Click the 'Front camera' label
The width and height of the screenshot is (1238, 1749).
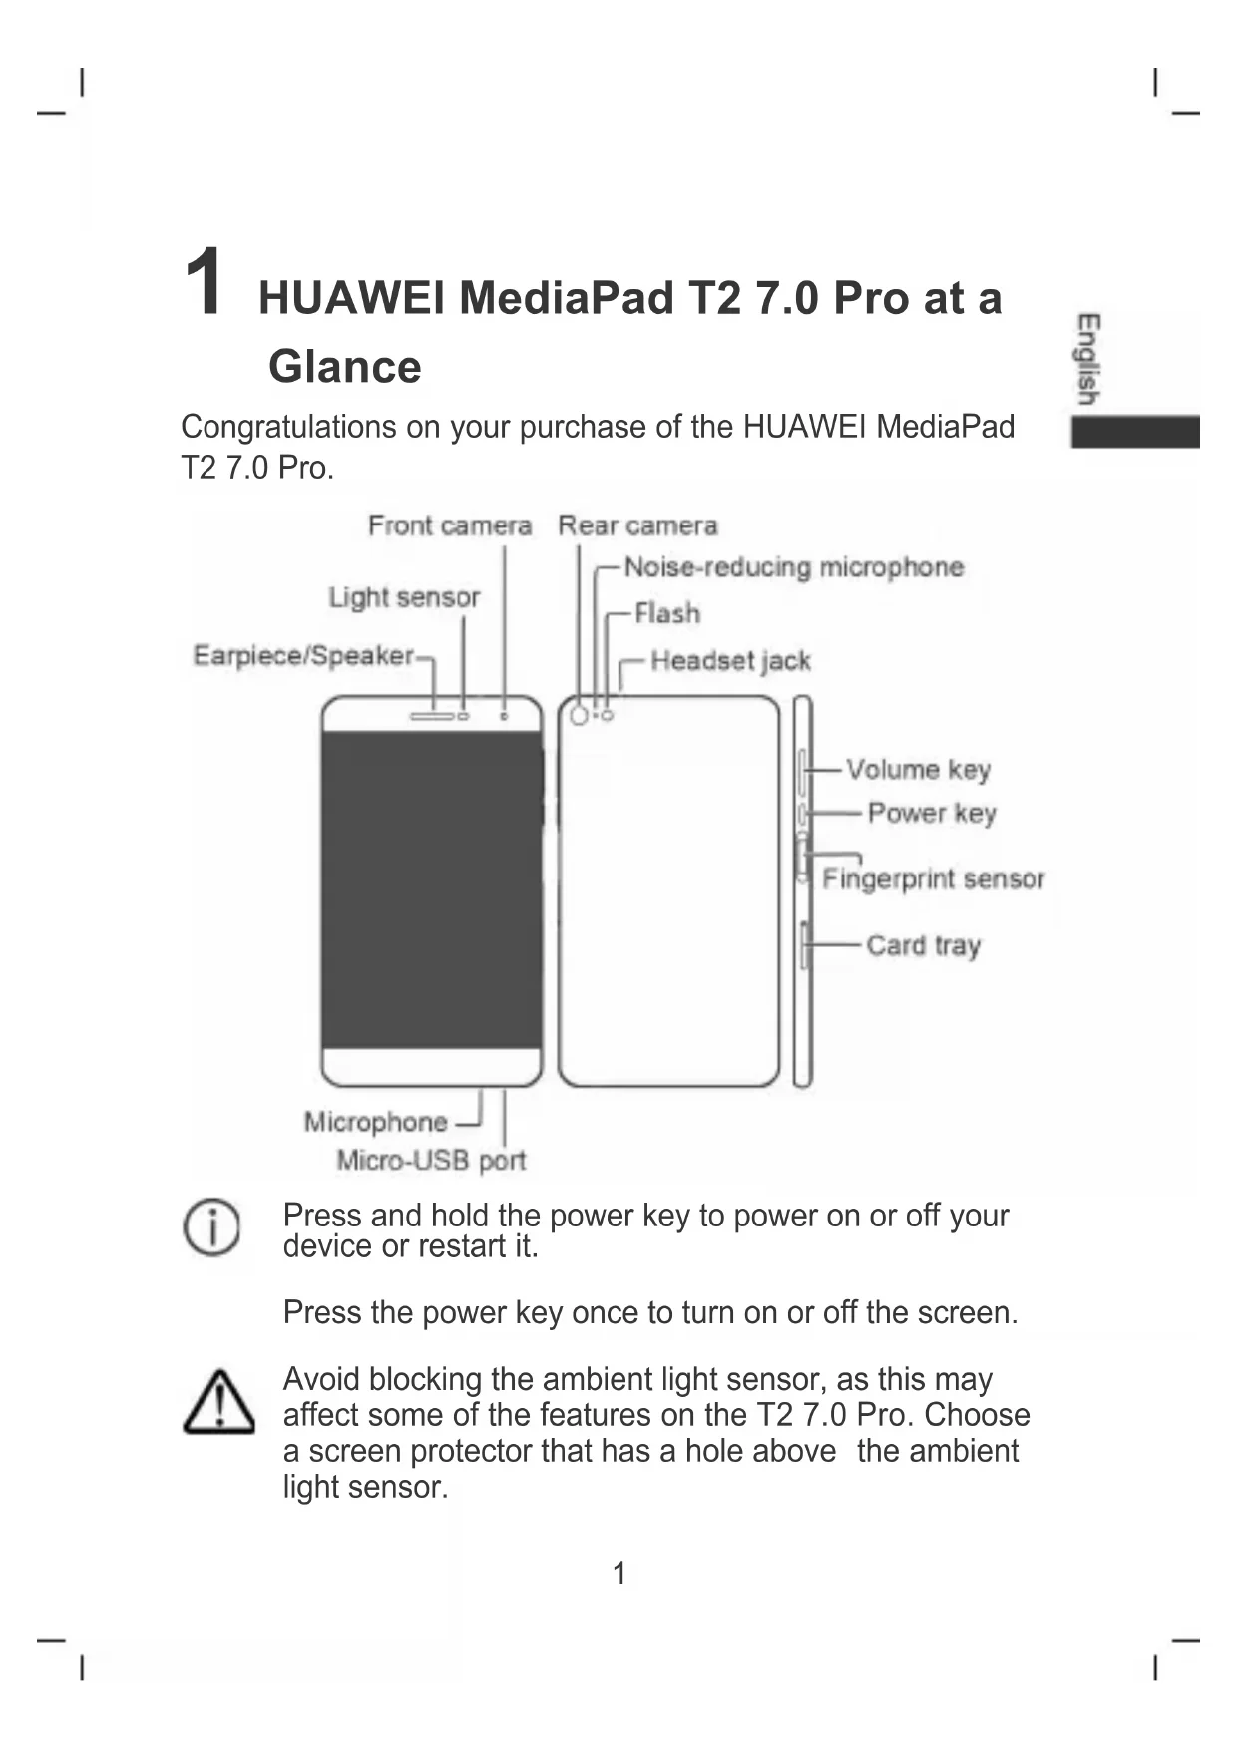point(449,525)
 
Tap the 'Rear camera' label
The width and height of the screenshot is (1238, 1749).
point(637,525)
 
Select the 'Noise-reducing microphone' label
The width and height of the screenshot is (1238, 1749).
point(794,567)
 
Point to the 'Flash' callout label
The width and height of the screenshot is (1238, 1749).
point(667,613)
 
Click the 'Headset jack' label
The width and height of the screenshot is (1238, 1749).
point(730,661)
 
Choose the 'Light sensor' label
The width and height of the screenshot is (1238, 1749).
point(404,597)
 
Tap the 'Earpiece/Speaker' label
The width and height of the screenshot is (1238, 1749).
point(303,655)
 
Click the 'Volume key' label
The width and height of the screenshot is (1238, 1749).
point(918,770)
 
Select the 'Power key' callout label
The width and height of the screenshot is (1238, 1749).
point(932,814)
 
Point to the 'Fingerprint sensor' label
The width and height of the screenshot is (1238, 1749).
point(933,878)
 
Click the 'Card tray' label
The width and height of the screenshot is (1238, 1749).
point(923,945)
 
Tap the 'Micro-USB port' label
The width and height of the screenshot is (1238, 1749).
point(431,1161)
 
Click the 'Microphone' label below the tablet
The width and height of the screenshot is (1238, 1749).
point(375,1122)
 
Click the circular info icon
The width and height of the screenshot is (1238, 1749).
point(211,1227)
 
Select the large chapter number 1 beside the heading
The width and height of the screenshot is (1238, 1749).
point(205,282)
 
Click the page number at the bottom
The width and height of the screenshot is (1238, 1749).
point(619,1574)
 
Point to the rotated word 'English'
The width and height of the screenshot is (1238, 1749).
point(1088,359)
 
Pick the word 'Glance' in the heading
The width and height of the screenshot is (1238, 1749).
point(345,367)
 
